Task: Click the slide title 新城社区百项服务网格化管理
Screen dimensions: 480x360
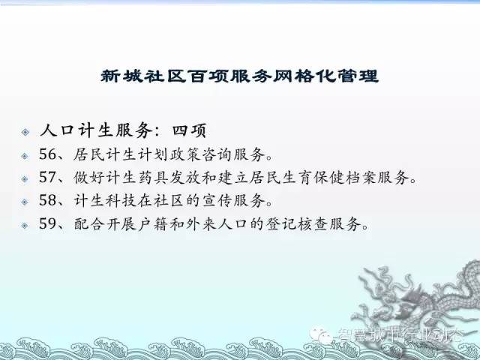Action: click(240, 76)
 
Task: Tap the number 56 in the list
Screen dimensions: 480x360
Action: click(48, 154)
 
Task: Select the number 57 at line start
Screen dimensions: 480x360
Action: click(48, 177)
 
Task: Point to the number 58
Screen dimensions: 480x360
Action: click(48, 200)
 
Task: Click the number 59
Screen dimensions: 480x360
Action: click(48, 223)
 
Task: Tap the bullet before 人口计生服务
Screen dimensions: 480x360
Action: click(25, 132)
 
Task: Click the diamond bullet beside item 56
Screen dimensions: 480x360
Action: click(25, 157)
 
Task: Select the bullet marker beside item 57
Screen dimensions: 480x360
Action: click(25, 179)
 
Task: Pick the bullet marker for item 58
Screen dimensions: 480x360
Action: click(25, 202)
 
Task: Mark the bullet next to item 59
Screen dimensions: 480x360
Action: click(25, 226)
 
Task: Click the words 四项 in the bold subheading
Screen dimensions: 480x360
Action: click(189, 130)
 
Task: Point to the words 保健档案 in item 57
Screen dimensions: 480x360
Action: click(345, 178)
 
